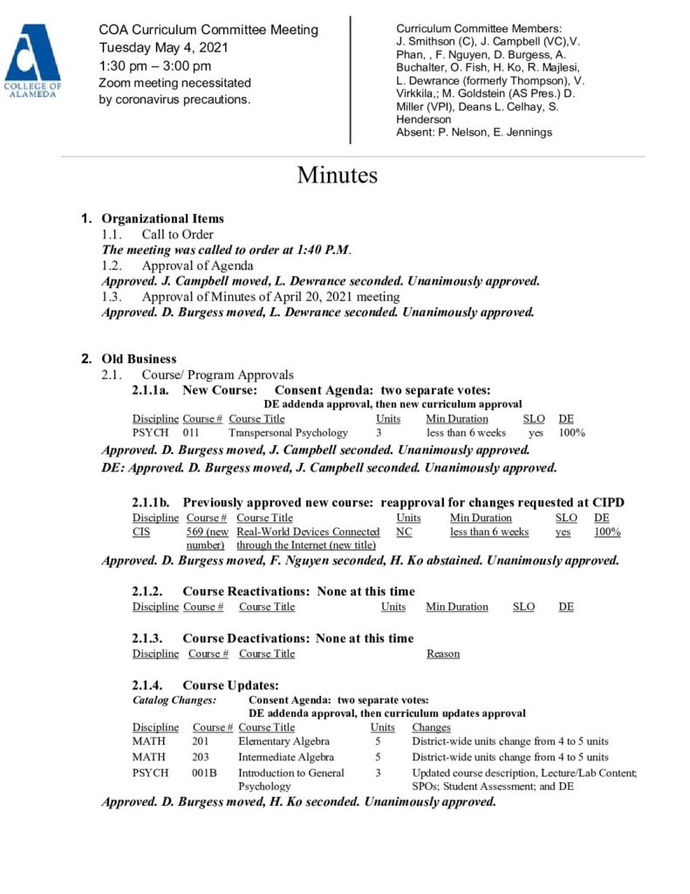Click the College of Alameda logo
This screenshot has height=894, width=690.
coord(32,62)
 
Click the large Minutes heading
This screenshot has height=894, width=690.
coord(337,175)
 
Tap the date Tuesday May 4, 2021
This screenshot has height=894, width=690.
coord(161,48)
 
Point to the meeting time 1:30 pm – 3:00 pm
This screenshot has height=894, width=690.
coord(155,65)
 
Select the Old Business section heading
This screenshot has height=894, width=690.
coord(140,359)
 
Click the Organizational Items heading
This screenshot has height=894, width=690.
coord(162,218)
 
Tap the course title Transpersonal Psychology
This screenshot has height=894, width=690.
coord(288,432)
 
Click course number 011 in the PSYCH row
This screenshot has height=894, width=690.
coord(191,432)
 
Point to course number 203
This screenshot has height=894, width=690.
coord(202,757)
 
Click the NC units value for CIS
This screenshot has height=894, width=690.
coord(404,532)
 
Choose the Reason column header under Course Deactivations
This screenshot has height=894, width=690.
coord(443,654)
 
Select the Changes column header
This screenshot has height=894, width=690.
coord(431,727)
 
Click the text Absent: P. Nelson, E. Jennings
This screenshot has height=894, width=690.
coord(474,133)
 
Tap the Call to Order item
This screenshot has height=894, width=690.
coord(178,234)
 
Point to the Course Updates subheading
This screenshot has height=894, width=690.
coord(230,685)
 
